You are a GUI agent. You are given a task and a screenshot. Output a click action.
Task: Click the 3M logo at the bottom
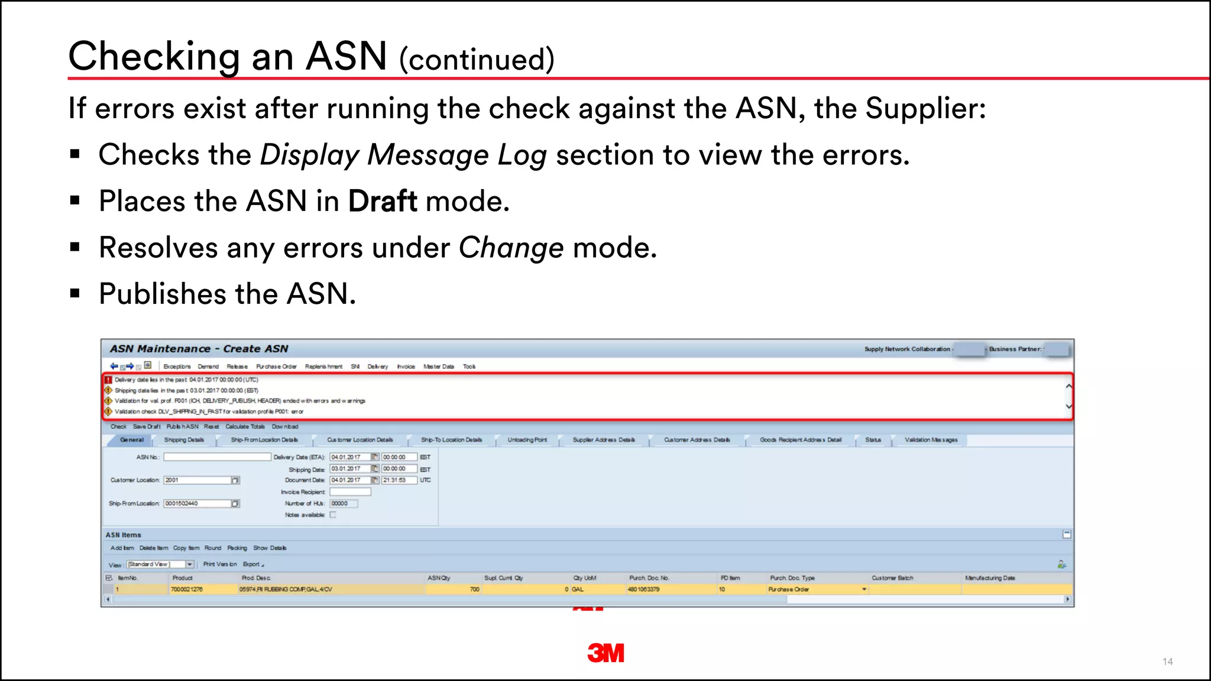pyautogui.click(x=605, y=653)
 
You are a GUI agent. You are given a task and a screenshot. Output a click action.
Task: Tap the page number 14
pyautogui.click(x=1167, y=661)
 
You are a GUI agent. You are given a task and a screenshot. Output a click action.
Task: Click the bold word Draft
pyautogui.click(x=383, y=201)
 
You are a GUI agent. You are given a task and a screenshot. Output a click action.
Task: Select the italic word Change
pyautogui.click(x=511, y=247)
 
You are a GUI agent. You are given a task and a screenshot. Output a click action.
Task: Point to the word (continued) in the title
pyautogui.click(x=477, y=59)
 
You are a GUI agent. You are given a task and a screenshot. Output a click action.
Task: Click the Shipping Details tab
pyautogui.click(x=184, y=440)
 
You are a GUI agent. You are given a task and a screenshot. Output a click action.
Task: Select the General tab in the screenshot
pyautogui.click(x=131, y=440)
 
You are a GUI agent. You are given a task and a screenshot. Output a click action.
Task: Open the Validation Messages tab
pyautogui.click(x=931, y=440)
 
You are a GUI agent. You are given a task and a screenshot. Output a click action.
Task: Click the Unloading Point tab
pyautogui.click(x=527, y=440)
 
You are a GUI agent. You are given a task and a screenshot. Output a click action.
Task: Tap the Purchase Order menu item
pyautogui.click(x=276, y=367)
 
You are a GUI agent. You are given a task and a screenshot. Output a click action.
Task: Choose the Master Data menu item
pyautogui.click(x=439, y=367)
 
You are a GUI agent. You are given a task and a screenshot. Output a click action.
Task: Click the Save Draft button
pyautogui.click(x=146, y=426)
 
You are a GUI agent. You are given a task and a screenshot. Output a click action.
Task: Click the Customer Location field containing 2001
pyautogui.click(x=197, y=480)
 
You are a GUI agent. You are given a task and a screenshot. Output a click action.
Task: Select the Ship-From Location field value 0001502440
pyautogui.click(x=197, y=504)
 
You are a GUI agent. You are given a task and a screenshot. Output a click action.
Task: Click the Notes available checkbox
pyautogui.click(x=333, y=515)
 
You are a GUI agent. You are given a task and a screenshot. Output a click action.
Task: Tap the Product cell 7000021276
pyautogui.click(x=186, y=589)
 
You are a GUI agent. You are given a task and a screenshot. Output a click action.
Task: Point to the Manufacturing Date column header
pyautogui.click(x=989, y=578)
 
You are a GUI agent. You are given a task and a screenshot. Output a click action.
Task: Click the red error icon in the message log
pyautogui.click(x=108, y=380)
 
